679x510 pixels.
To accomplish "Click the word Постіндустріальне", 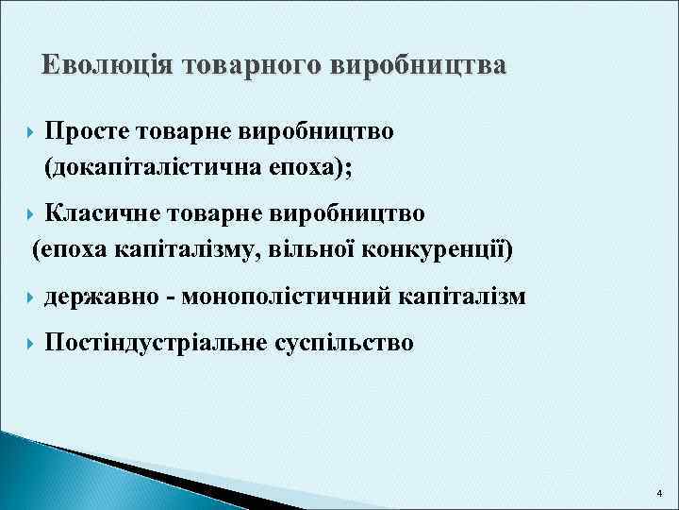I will pos(156,342).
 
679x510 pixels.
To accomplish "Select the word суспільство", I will pos(343,342).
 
